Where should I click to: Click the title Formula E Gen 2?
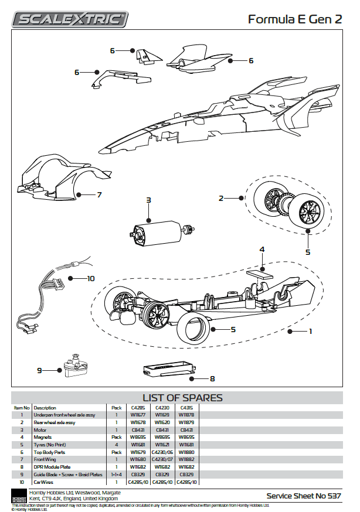[294, 19]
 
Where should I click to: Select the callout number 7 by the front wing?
[99, 194]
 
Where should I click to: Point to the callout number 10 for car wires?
[90, 278]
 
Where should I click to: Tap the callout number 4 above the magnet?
[262, 250]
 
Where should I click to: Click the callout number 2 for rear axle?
[222, 198]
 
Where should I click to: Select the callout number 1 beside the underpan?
[311, 332]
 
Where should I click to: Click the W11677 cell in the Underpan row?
[138, 415]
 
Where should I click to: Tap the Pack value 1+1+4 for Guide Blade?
[116, 475]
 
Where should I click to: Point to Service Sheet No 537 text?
[303, 496]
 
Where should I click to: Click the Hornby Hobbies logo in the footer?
[19, 496]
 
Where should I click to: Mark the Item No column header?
[22, 407]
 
